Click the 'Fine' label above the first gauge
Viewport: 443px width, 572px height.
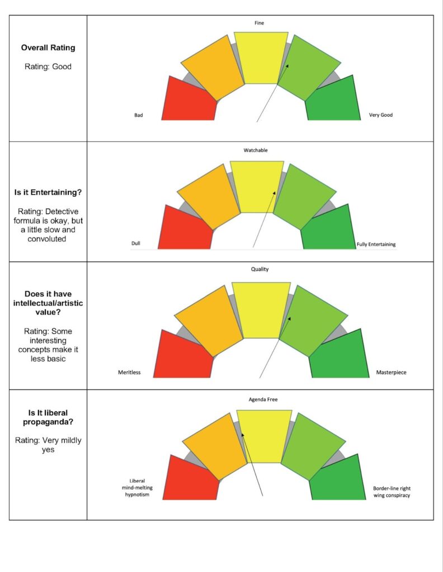259,23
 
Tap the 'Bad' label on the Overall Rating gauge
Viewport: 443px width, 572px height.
139,115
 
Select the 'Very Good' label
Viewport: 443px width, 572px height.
381,115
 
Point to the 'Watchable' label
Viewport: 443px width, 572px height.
256,150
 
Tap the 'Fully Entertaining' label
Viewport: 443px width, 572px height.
376,244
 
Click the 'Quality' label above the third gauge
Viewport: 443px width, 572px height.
260,269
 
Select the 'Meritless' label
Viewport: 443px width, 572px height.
129,372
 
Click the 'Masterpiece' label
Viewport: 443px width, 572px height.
391,372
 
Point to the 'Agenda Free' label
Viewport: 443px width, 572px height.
263,399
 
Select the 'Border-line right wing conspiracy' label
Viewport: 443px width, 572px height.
392,492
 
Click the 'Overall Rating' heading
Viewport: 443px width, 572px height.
48,47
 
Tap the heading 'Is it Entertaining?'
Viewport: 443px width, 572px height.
48,192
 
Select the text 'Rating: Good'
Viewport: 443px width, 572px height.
48,66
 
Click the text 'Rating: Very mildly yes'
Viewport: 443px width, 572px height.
48,445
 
